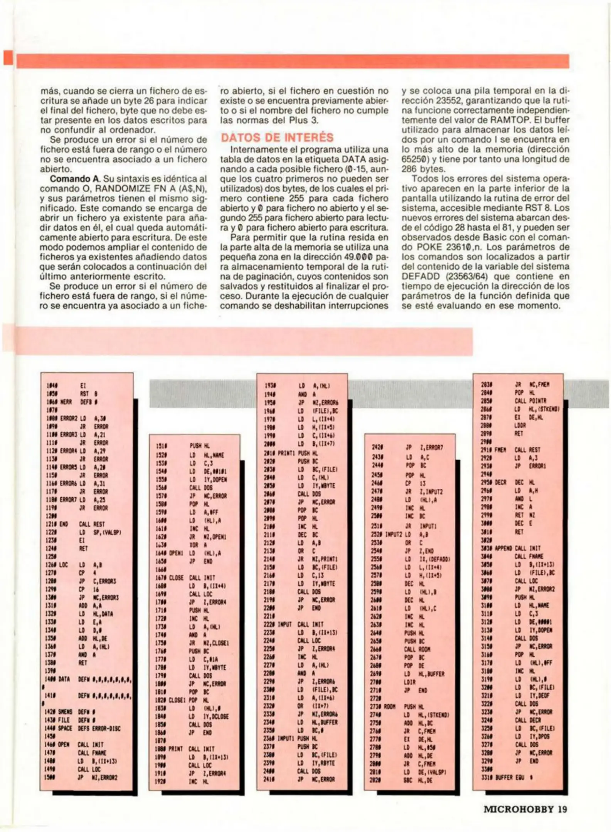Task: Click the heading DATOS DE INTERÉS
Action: pos(277,138)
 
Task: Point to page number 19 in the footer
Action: pos(562,809)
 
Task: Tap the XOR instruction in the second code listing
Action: pos(194,545)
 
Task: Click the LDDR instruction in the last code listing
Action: pos(520,426)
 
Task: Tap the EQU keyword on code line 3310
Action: pos(520,777)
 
